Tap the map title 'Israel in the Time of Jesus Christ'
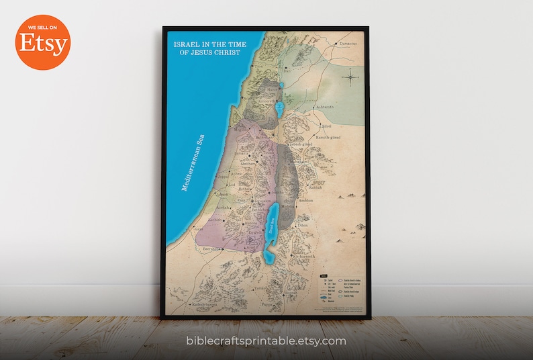click(x=209, y=48)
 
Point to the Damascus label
click(x=347, y=44)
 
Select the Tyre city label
click(x=258, y=67)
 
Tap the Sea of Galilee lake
click(x=279, y=107)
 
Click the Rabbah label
click(x=316, y=187)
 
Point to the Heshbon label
click(x=305, y=200)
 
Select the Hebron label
click(x=240, y=225)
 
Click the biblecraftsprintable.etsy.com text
click(x=266, y=341)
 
